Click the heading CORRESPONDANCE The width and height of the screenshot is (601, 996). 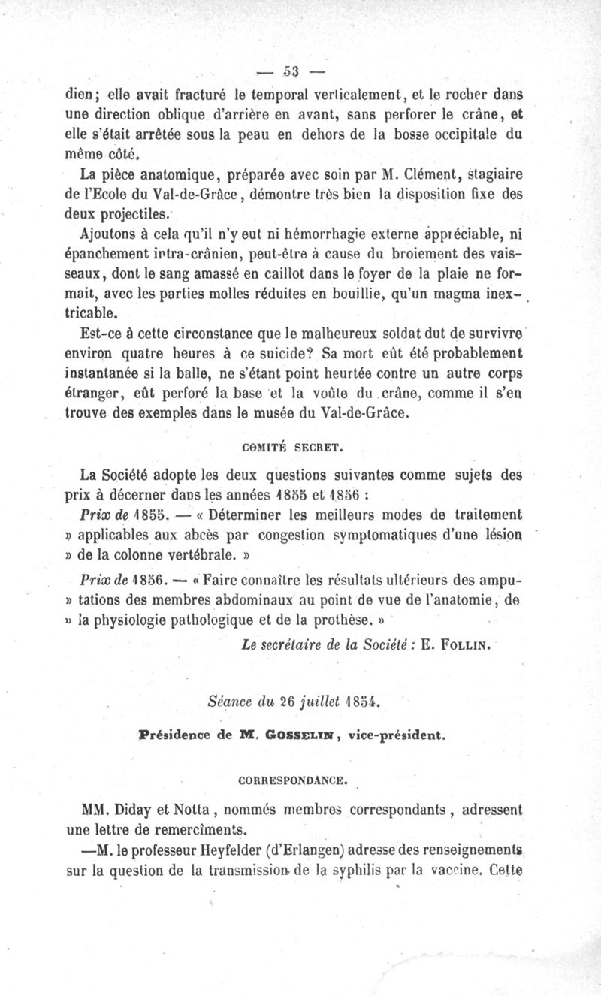(298, 780)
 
